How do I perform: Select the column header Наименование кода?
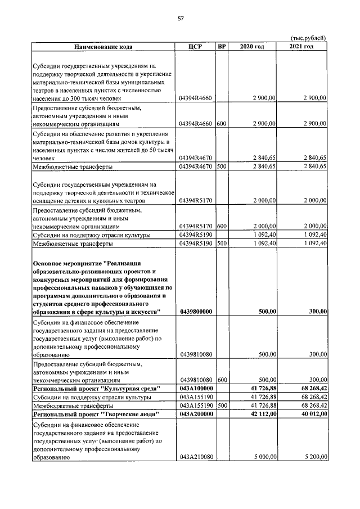103,46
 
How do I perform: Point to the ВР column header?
222,46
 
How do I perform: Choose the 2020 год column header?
252,46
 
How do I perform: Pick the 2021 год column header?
302,46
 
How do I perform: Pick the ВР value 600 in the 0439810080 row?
222,380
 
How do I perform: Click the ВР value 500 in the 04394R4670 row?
222,166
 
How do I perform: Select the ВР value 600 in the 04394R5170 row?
222,226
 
